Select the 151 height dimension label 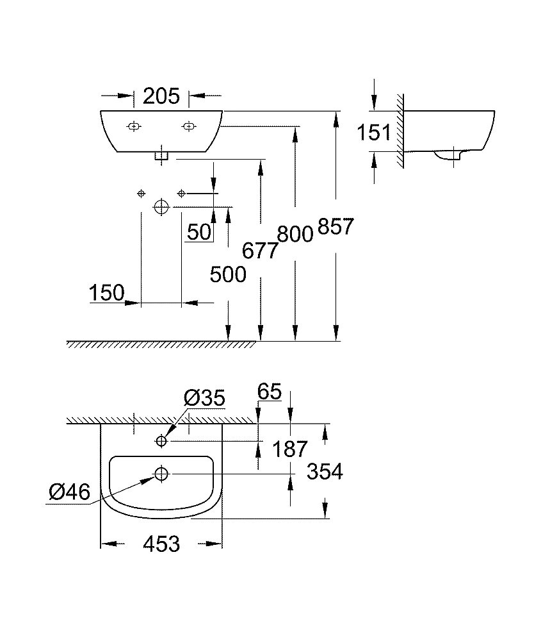pos(374,133)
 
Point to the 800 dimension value pos(295,234)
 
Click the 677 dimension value pos(260,250)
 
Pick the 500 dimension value pos(228,274)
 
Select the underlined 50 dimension pos(199,231)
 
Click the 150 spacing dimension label pos(107,294)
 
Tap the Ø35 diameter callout pos(204,399)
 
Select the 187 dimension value pos(290,449)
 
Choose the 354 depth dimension pos(325,472)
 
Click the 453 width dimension pos(161,544)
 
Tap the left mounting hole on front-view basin pos(133,126)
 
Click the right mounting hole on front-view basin pos(188,126)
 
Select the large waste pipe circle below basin pos(161,206)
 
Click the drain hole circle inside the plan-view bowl pos(161,474)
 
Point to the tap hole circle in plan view pos(161,441)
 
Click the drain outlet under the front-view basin pos(161,155)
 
